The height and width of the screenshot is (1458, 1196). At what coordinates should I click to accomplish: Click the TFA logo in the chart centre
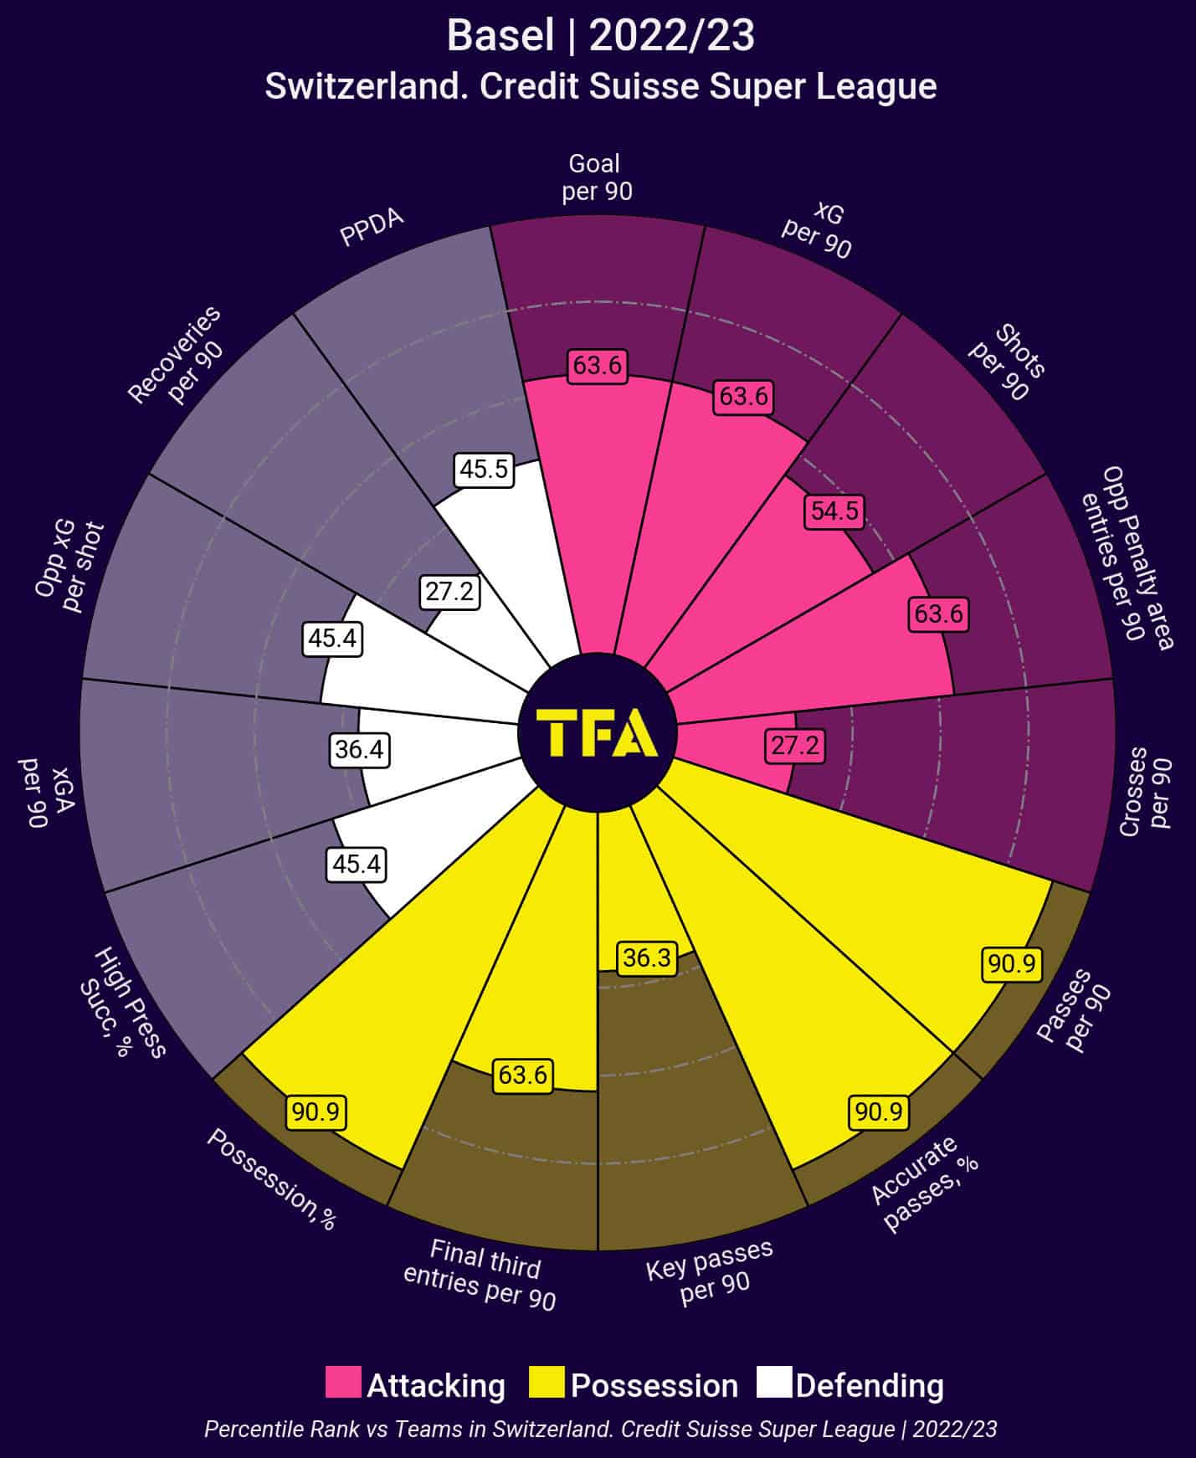click(x=597, y=732)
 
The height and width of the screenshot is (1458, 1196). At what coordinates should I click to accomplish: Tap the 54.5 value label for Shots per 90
click(x=834, y=511)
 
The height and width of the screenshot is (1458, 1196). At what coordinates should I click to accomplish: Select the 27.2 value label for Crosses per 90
click(x=794, y=745)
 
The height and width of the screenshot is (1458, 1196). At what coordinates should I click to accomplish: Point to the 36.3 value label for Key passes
click(x=647, y=957)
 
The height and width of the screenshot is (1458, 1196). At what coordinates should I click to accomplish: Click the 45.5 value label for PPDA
click(x=484, y=470)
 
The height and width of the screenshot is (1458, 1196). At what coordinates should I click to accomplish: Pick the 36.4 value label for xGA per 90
click(x=359, y=749)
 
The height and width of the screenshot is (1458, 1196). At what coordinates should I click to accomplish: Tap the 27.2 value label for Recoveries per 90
click(x=449, y=592)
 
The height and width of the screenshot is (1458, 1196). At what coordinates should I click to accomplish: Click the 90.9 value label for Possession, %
click(x=316, y=1112)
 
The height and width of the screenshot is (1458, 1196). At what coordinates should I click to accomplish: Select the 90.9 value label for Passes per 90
click(x=1011, y=964)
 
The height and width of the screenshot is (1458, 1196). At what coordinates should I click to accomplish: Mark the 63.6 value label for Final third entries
click(x=523, y=1075)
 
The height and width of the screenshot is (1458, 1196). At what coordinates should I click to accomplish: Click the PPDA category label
click(x=372, y=227)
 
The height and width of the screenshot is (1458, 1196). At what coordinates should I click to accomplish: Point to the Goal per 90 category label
click(x=596, y=177)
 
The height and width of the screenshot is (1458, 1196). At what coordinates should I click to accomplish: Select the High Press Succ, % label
click(x=121, y=1002)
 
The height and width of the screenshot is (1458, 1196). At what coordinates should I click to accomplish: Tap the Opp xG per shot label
click(x=69, y=566)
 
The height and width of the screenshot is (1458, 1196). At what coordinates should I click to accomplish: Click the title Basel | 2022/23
click(x=600, y=36)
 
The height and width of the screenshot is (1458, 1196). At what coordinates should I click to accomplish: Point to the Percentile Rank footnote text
click(x=600, y=1429)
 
